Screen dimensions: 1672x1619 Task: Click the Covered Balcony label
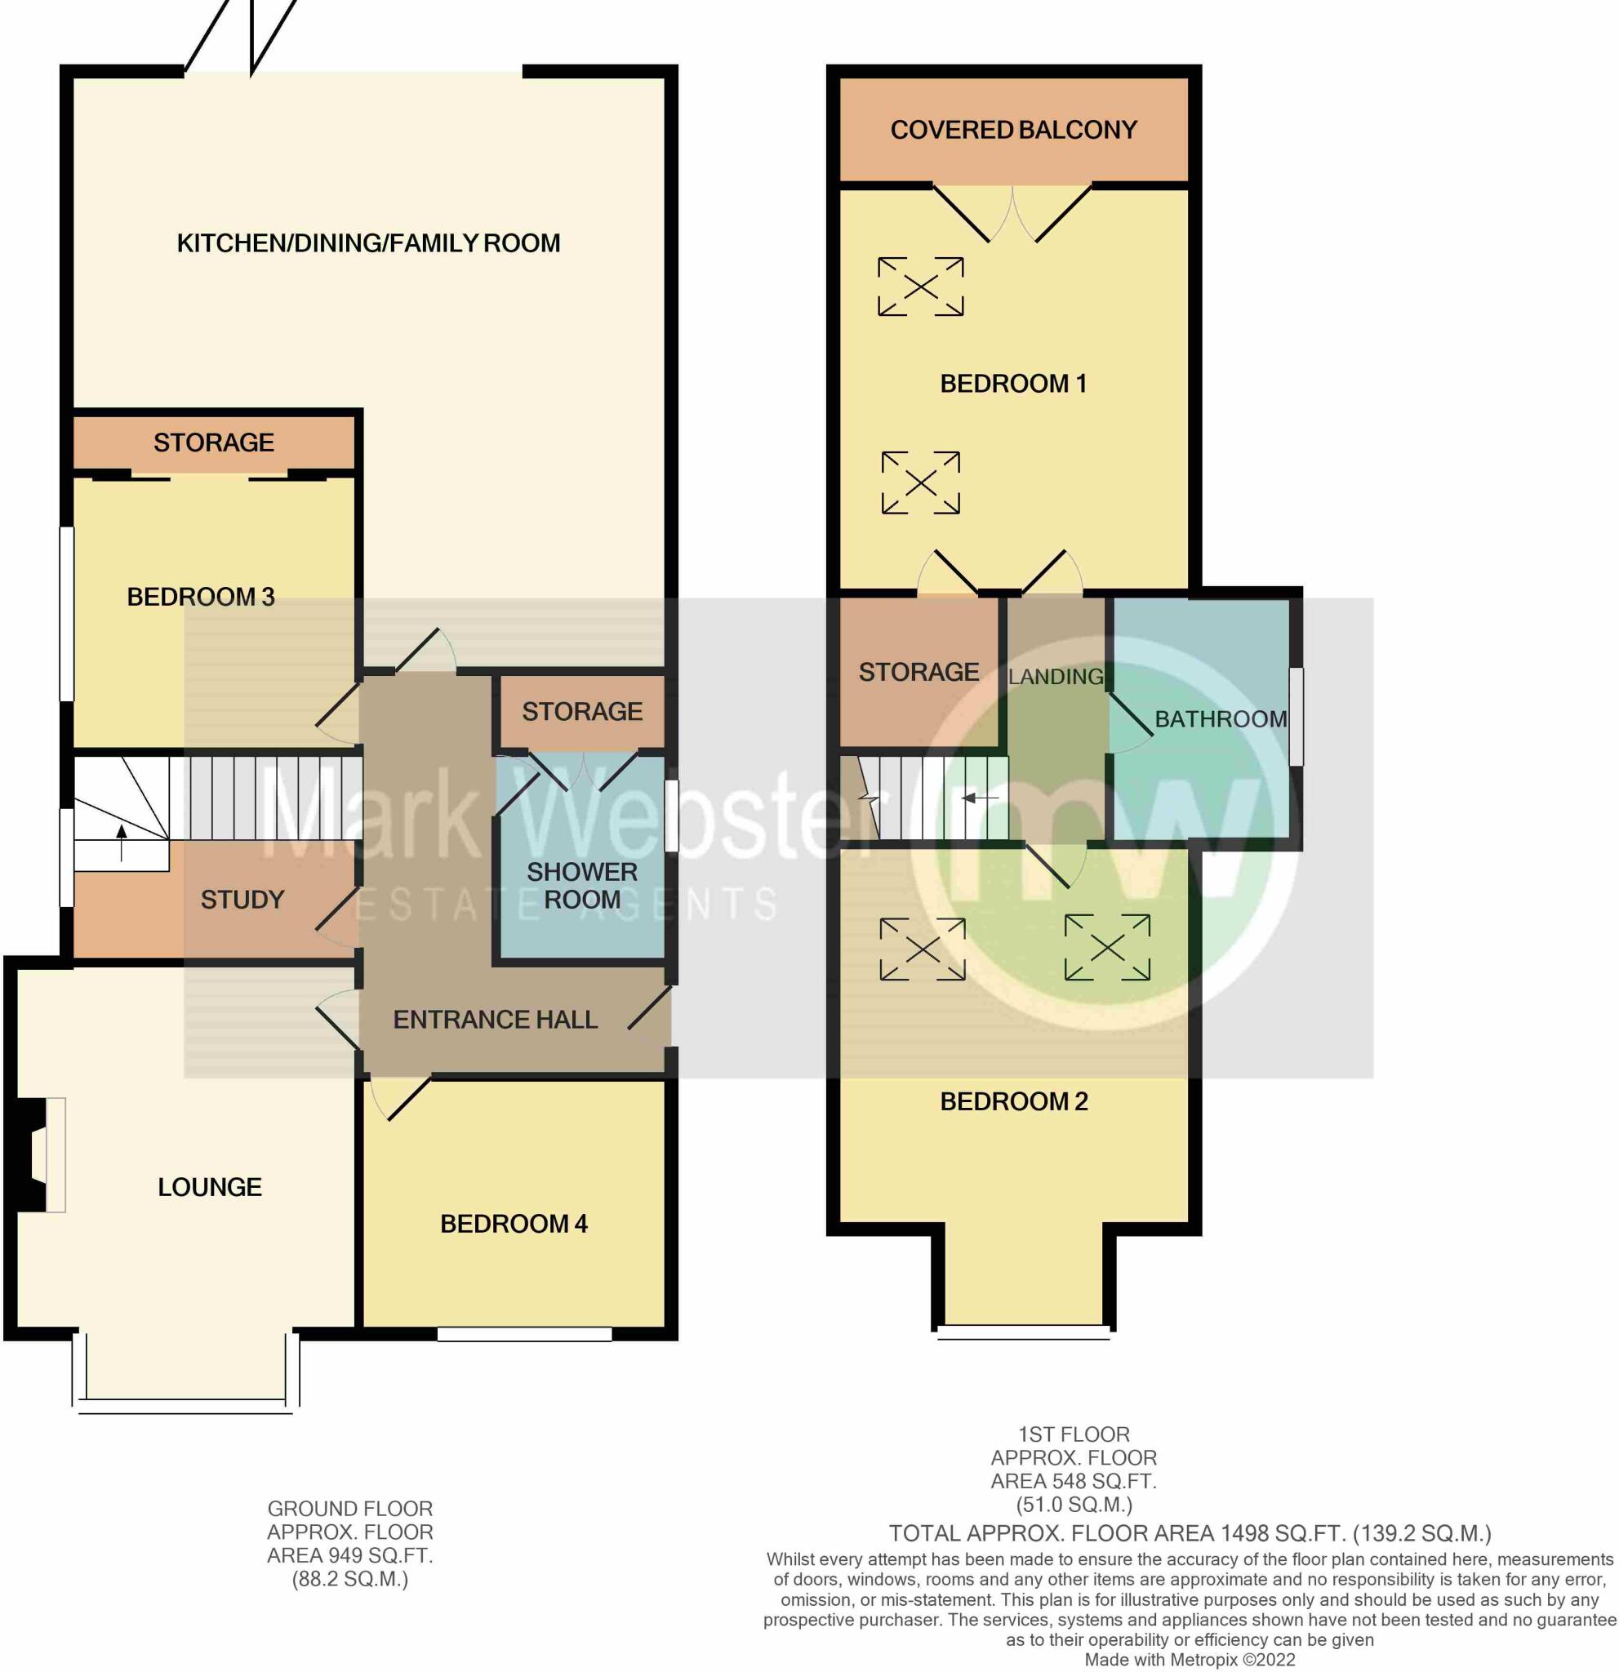(x=1013, y=130)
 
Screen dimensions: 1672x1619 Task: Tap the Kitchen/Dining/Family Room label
(x=368, y=243)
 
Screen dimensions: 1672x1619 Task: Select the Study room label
(x=242, y=899)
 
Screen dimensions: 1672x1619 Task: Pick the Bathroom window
(x=1296, y=717)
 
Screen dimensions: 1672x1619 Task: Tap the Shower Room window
(x=671, y=816)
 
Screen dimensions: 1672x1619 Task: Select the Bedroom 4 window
(x=525, y=1333)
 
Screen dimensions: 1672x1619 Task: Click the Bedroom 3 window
(x=65, y=613)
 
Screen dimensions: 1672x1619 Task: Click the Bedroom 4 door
(x=401, y=1101)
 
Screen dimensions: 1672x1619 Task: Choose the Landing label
(x=1055, y=677)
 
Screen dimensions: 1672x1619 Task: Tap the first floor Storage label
(x=918, y=672)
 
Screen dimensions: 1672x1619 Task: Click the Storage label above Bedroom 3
(x=213, y=442)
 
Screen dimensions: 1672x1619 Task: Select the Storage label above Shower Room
(x=582, y=710)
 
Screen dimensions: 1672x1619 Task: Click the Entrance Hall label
(x=495, y=1020)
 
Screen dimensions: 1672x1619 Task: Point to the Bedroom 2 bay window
(x=1024, y=1332)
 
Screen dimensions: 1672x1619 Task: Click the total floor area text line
(x=1190, y=1534)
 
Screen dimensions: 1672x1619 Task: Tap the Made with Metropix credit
(x=1189, y=1660)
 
